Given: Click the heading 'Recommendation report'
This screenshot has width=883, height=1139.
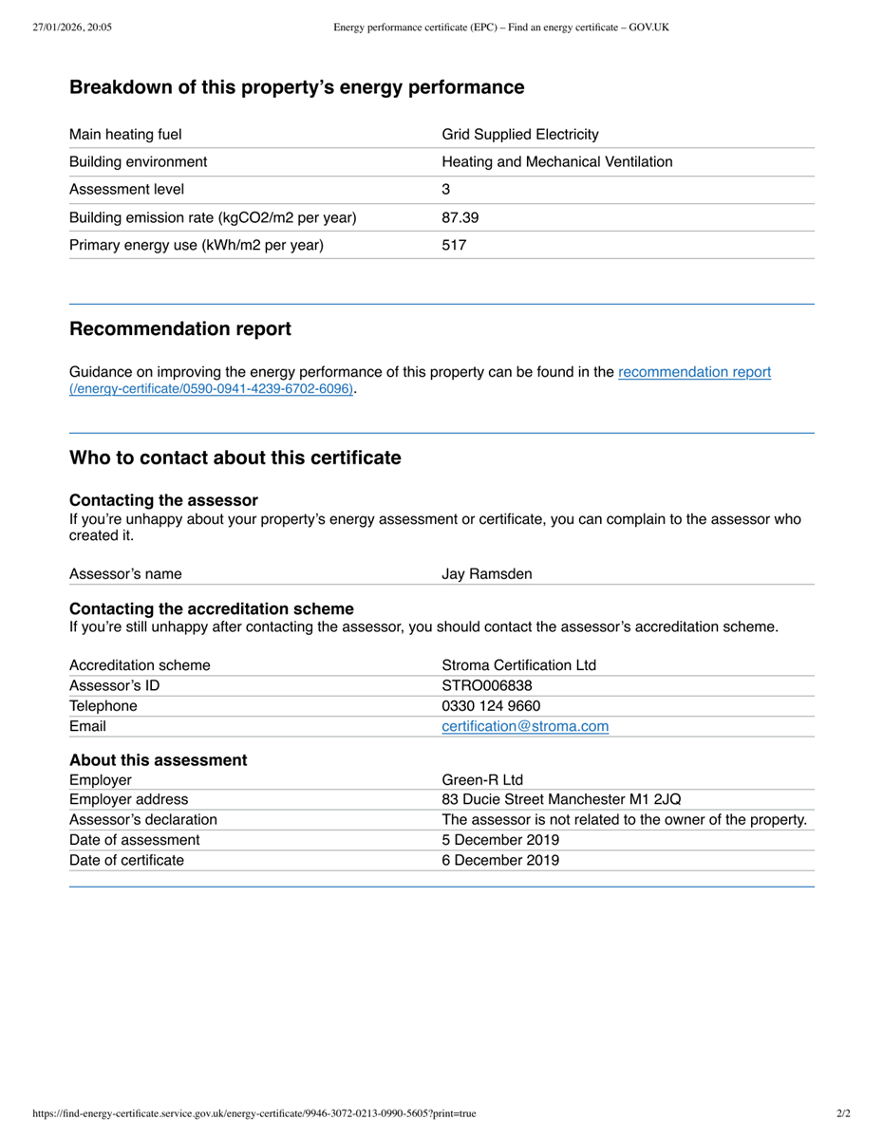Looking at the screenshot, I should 180,329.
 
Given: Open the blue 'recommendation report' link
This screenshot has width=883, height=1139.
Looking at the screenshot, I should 694,372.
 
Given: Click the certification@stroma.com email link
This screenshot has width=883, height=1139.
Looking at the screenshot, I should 525,726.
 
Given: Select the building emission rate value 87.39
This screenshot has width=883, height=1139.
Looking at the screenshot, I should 460,217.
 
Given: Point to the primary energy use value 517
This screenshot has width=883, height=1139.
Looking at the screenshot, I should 454,245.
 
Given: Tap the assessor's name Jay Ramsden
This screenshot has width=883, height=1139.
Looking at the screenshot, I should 487,573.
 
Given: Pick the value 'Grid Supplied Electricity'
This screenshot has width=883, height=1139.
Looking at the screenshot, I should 520,134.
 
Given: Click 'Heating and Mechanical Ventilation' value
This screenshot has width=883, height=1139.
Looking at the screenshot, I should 557,161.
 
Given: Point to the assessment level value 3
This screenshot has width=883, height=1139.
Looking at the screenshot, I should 446,189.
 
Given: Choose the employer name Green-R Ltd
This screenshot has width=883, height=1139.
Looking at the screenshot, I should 482,780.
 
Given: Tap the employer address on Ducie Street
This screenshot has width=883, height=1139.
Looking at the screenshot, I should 561,799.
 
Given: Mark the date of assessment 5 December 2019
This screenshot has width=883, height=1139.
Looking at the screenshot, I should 500,840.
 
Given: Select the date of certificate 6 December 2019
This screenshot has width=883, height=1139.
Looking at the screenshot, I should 500,860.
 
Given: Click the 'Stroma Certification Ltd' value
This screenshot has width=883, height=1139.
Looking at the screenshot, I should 519,664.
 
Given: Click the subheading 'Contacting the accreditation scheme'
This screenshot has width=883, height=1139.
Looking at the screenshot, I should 212,608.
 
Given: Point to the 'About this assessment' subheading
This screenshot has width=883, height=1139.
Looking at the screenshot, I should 158,760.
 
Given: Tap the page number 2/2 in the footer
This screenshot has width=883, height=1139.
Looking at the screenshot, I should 843,1113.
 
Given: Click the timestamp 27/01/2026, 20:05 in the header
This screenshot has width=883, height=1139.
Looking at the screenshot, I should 72,28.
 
